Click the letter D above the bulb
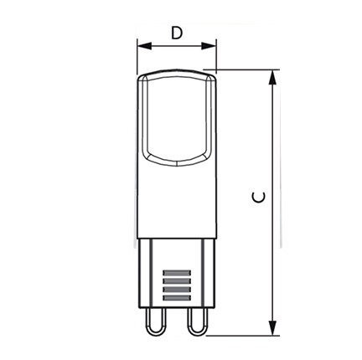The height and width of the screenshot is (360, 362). [x=176, y=33]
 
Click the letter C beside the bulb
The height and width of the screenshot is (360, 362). [x=261, y=198]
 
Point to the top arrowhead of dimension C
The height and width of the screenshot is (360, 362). [x=271, y=76]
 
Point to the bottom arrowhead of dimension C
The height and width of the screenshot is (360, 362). [x=271, y=330]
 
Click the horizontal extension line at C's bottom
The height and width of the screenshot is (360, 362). [x=243, y=336]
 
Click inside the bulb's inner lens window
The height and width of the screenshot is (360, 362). [x=176, y=117]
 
